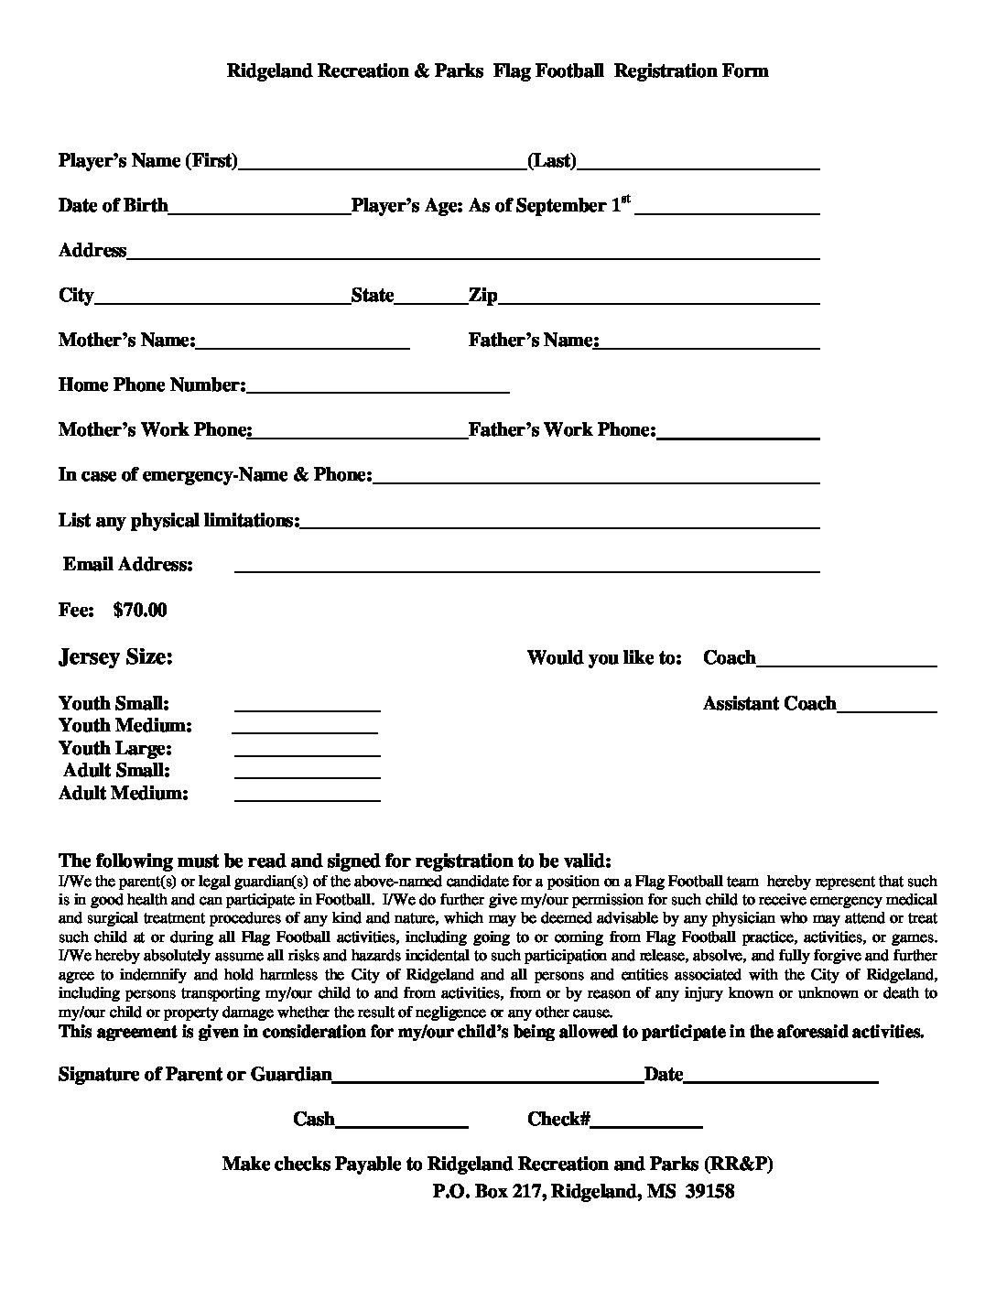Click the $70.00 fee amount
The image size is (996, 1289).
coord(140,610)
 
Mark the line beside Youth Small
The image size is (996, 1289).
coord(308,708)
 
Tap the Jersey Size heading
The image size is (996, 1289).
coord(115,656)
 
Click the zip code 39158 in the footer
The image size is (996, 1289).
coord(709,1191)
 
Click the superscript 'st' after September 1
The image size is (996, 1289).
coord(625,199)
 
